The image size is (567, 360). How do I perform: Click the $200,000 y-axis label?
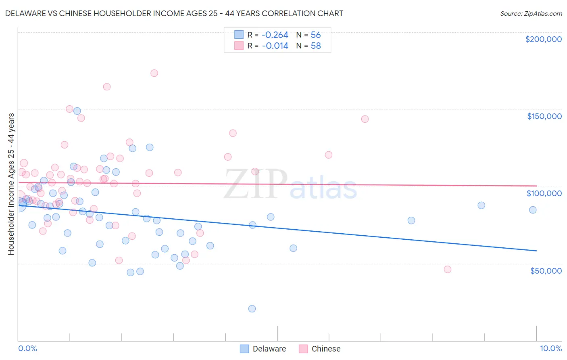pyautogui.click(x=543, y=39)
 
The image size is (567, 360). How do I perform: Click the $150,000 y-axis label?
pyautogui.click(x=544, y=116)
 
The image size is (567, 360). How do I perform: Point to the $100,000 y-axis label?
pyautogui.click(x=544, y=193)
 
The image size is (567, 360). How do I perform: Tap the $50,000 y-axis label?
pyautogui.click(x=546, y=271)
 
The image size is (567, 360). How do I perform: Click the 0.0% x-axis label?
pyautogui.click(x=27, y=349)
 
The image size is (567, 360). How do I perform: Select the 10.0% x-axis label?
pyautogui.click(x=550, y=349)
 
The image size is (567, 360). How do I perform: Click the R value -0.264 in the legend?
pyautogui.click(x=275, y=35)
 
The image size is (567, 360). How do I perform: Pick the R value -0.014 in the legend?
pyautogui.click(x=275, y=46)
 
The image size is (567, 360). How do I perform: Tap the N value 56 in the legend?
pyautogui.click(x=316, y=35)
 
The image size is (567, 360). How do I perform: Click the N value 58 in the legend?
pyautogui.click(x=316, y=46)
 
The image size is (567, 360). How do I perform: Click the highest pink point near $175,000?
pyautogui.click(x=154, y=73)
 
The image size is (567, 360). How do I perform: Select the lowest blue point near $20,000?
pyautogui.click(x=252, y=309)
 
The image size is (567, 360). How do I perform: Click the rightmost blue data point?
pyautogui.click(x=533, y=210)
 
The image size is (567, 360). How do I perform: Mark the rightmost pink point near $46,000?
pyautogui.click(x=447, y=269)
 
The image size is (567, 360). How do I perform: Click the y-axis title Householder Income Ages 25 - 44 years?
pyautogui.click(x=11, y=184)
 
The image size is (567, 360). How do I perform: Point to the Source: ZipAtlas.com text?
pyautogui.click(x=531, y=13)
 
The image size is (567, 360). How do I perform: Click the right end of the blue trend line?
pyautogui.click(x=536, y=251)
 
